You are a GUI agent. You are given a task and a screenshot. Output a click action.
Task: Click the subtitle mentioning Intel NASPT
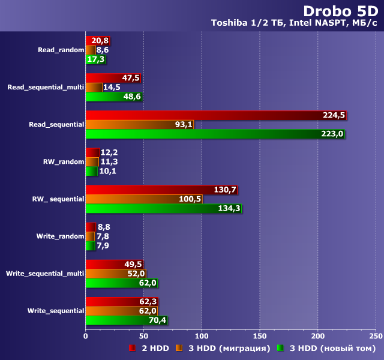(294, 23)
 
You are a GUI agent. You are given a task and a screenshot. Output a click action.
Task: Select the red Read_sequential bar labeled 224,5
(216, 115)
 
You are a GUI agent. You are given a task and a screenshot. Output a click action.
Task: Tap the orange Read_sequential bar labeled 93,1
(139, 124)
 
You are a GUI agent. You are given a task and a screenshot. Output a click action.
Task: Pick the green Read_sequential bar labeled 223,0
(215, 134)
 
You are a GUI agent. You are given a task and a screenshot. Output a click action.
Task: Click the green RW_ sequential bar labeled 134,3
(163, 208)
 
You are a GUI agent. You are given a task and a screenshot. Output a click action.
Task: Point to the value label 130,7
(225, 190)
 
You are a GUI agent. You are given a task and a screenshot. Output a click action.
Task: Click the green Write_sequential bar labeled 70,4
(126, 320)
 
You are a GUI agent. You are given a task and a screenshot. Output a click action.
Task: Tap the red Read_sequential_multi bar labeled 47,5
(113, 78)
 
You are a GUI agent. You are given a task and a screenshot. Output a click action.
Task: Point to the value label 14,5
(112, 87)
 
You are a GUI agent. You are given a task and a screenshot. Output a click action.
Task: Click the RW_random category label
(64, 161)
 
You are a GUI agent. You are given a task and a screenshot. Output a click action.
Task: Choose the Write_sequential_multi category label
(45, 274)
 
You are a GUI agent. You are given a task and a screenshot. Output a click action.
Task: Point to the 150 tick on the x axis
(259, 337)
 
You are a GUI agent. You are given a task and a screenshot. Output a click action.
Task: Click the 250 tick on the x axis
(375, 337)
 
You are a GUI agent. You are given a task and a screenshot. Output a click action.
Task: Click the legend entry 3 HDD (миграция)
(222, 348)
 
